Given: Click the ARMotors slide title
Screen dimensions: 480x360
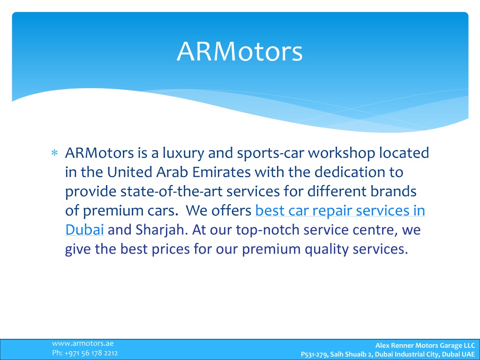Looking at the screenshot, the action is (240, 51).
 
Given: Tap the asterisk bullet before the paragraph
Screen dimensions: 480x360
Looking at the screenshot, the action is (54, 153).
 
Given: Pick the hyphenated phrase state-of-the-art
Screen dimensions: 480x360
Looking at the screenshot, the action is (172, 191).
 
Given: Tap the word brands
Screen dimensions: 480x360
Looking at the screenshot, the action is (393, 191).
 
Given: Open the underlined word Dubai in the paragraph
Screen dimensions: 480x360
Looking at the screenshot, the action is (84, 230).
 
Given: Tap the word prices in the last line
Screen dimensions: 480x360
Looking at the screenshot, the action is (171, 249).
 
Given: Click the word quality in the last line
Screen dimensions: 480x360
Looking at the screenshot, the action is (327, 249).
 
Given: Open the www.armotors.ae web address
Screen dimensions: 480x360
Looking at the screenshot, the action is (82, 344).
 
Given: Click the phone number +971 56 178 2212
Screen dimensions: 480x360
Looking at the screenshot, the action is (91, 353).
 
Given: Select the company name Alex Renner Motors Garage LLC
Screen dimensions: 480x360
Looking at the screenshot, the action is (425, 345).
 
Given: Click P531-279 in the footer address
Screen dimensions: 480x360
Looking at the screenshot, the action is (314, 354).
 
